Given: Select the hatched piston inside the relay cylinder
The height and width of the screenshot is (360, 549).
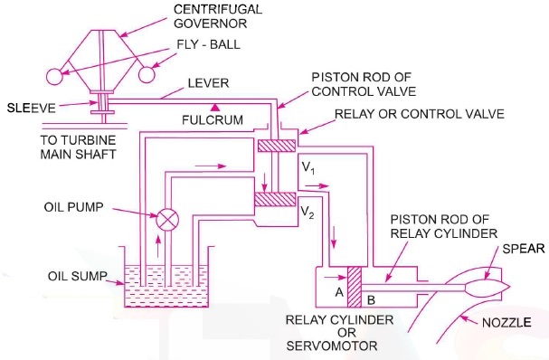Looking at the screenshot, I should (x=355, y=287).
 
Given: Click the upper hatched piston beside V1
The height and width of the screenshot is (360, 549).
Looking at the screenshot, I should (x=270, y=146).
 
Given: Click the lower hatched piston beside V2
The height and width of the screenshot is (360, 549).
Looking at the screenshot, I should (x=270, y=197).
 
